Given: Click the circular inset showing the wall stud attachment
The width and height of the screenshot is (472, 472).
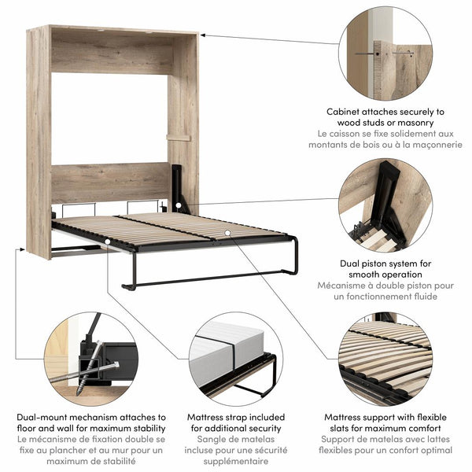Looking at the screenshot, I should pyautogui.click(x=385, y=53).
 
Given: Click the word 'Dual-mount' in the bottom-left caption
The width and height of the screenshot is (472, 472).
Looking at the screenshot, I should pyautogui.click(x=45, y=417).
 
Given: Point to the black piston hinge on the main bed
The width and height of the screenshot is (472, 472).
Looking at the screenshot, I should pyautogui.click(x=179, y=189).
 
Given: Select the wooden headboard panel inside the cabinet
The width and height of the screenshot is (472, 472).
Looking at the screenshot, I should pyautogui.click(x=109, y=182).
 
